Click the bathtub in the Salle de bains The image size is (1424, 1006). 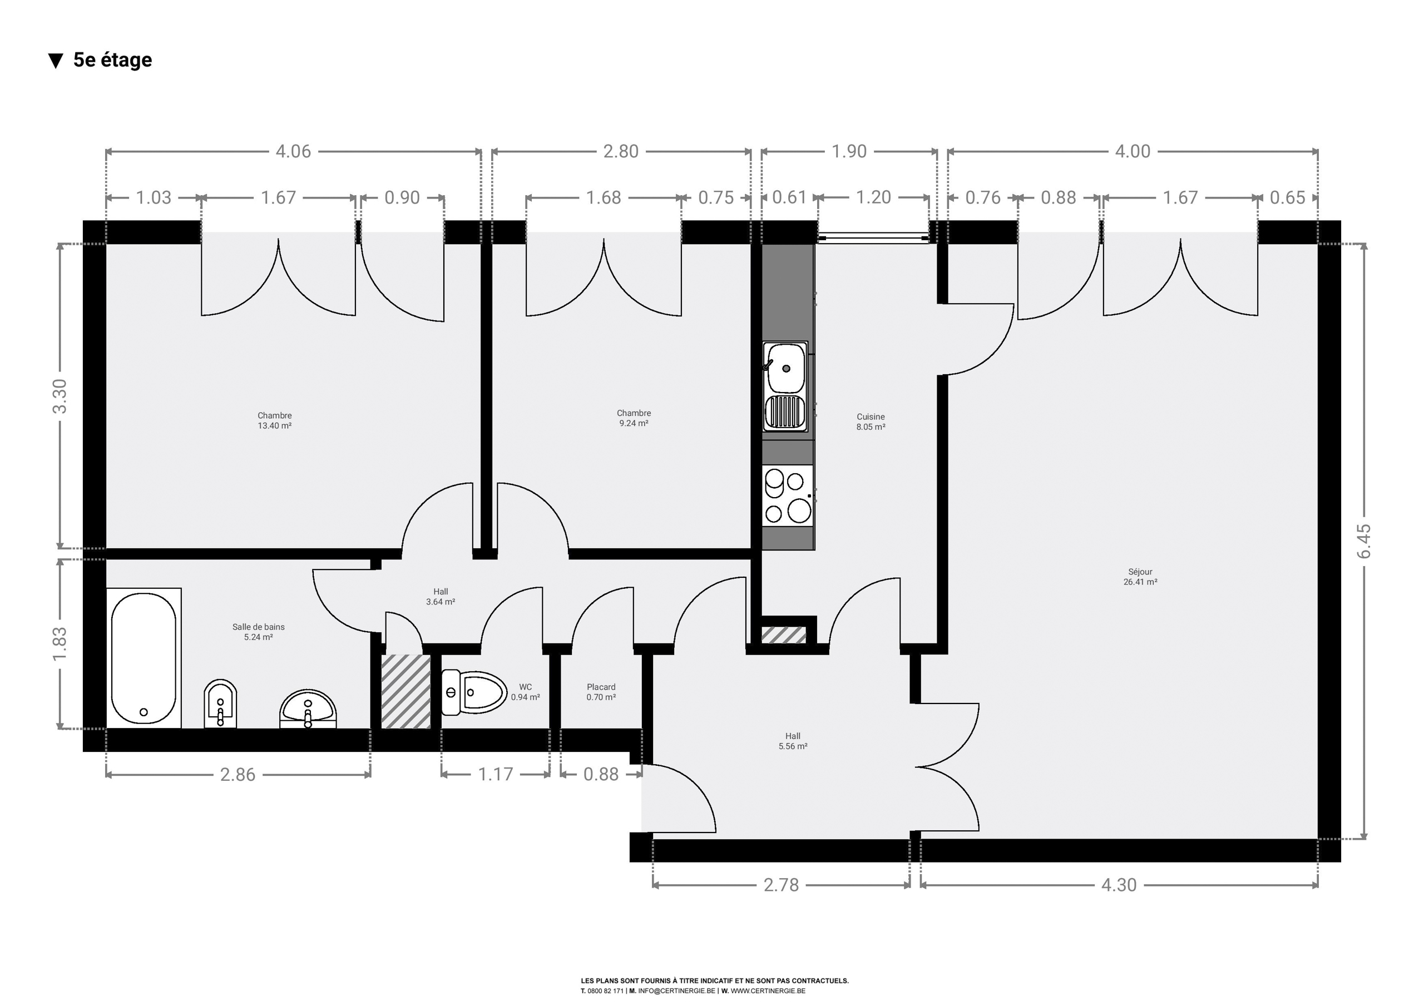(x=144, y=658)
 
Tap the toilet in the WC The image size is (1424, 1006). (x=474, y=692)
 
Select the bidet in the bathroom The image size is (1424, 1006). (x=220, y=704)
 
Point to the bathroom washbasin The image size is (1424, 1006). (x=308, y=709)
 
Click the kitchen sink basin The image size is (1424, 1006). (x=786, y=368)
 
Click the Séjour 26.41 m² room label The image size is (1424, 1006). (x=1140, y=577)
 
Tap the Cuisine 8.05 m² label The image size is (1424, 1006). (x=871, y=422)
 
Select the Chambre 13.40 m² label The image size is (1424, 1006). (x=275, y=420)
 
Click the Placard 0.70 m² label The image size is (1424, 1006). (x=601, y=692)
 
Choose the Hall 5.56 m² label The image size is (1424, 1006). (x=793, y=741)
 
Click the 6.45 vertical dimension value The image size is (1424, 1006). (x=1364, y=541)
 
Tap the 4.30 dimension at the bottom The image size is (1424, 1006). (x=1119, y=885)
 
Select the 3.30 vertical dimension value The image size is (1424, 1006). (x=60, y=396)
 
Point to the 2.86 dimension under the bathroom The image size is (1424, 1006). (x=238, y=775)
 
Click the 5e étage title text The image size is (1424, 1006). (x=112, y=60)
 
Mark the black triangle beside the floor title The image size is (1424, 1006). (x=56, y=61)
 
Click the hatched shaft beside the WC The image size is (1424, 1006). (x=406, y=692)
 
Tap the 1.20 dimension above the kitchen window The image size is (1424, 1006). (x=873, y=197)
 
